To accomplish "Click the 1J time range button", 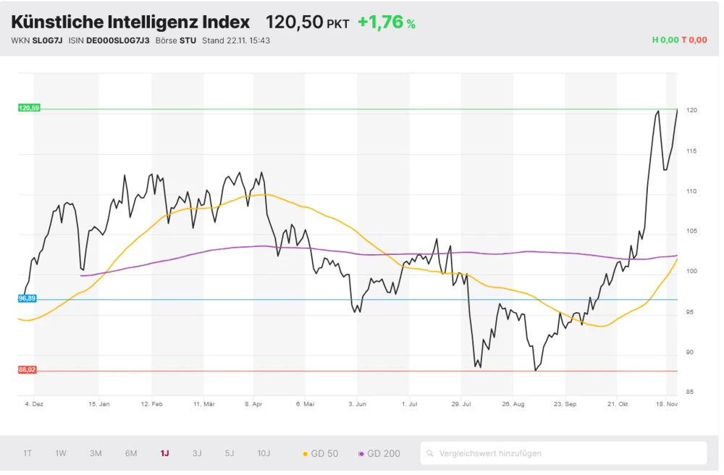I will point(165,453).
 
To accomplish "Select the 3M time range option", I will point(96,453).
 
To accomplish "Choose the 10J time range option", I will point(264,453).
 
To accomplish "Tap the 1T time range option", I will point(28,453).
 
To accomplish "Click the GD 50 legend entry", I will point(320,453).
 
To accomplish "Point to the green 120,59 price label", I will point(29,108).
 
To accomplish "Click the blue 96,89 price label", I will point(28,298).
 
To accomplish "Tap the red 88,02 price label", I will point(28,370).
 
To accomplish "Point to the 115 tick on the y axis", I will point(691,151).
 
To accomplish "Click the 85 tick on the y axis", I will point(691,392).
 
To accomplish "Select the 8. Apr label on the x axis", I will point(253,404).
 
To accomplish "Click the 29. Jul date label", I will point(461,404).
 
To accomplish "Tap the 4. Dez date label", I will point(34,404).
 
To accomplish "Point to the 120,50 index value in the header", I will point(294,22).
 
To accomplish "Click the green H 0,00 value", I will point(665,41).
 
